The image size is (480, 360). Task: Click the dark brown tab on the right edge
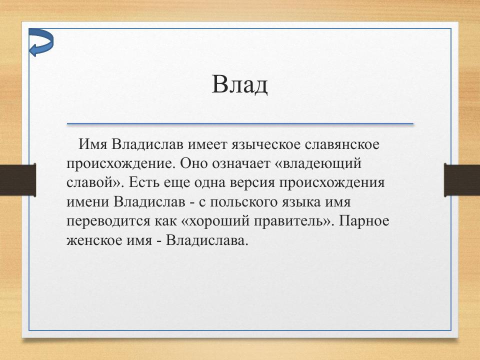[x=462, y=179]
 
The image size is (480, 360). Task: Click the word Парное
[x=364, y=221]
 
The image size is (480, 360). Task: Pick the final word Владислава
[x=207, y=240]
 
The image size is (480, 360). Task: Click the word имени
[x=87, y=202]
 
